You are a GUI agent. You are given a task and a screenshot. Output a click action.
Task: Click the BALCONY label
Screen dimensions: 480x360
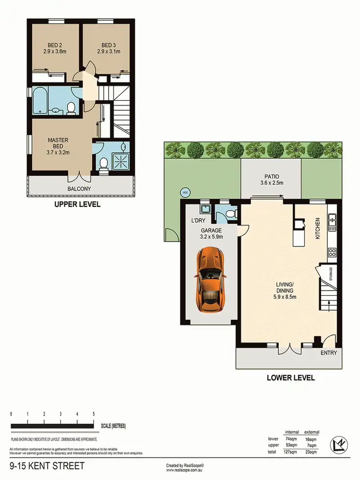79,189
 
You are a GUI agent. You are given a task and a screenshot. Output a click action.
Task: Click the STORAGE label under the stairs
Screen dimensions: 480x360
330,273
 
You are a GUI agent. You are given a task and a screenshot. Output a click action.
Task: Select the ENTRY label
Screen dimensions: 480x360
328,353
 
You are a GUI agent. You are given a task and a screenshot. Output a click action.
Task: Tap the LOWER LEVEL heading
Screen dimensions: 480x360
290,378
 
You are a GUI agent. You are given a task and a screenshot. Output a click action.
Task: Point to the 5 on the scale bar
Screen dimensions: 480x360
94,413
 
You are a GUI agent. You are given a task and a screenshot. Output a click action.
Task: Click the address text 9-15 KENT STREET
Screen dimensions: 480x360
47,466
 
